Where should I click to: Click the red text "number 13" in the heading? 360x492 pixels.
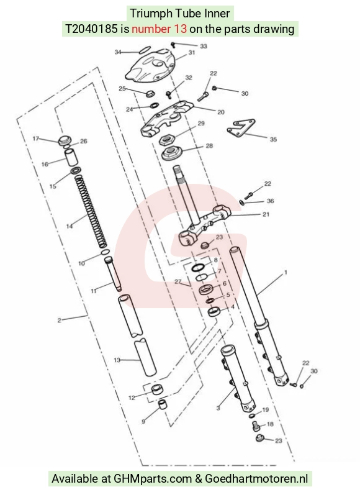[x=159, y=29]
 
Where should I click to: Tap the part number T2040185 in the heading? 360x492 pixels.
[x=91, y=29]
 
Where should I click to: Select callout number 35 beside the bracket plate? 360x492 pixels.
[x=273, y=139]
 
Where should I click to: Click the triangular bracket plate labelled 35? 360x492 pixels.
[x=241, y=128]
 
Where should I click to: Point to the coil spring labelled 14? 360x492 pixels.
[x=91, y=211]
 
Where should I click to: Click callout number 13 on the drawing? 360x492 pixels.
[x=117, y=360]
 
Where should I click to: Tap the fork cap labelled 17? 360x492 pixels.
[x=65, y=140]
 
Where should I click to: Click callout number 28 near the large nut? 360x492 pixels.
[x=209, y=145]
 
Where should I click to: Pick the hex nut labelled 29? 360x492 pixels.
[x=166, y=139]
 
